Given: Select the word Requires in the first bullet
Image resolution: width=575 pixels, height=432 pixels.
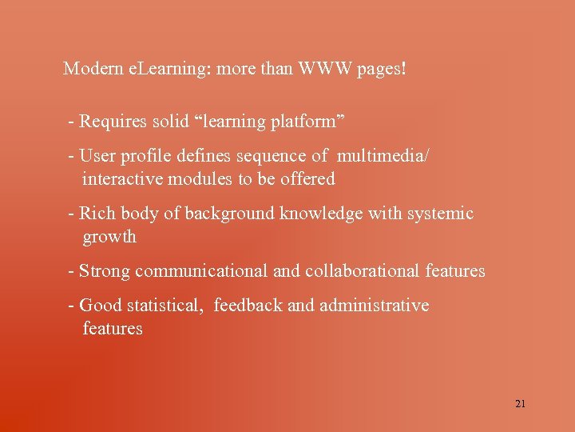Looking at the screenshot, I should coord(113,122).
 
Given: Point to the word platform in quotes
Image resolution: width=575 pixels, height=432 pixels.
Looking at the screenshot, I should coord(307,122).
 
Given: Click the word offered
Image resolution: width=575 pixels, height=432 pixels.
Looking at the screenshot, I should coord(307,179).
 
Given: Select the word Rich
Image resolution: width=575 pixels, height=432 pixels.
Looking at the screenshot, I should coord(97,214).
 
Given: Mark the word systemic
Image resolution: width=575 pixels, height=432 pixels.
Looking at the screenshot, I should coord(442,214).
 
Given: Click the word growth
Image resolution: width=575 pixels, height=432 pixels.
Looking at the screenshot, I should coord(109,238).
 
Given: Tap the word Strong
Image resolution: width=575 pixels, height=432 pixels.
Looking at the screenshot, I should coord(105,271).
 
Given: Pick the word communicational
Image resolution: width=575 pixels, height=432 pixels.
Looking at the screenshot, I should coord(201,271).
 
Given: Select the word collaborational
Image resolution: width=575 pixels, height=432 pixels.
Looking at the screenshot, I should coord(359,271).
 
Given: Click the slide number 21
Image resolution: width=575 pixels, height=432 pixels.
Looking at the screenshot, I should coord(520,404).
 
